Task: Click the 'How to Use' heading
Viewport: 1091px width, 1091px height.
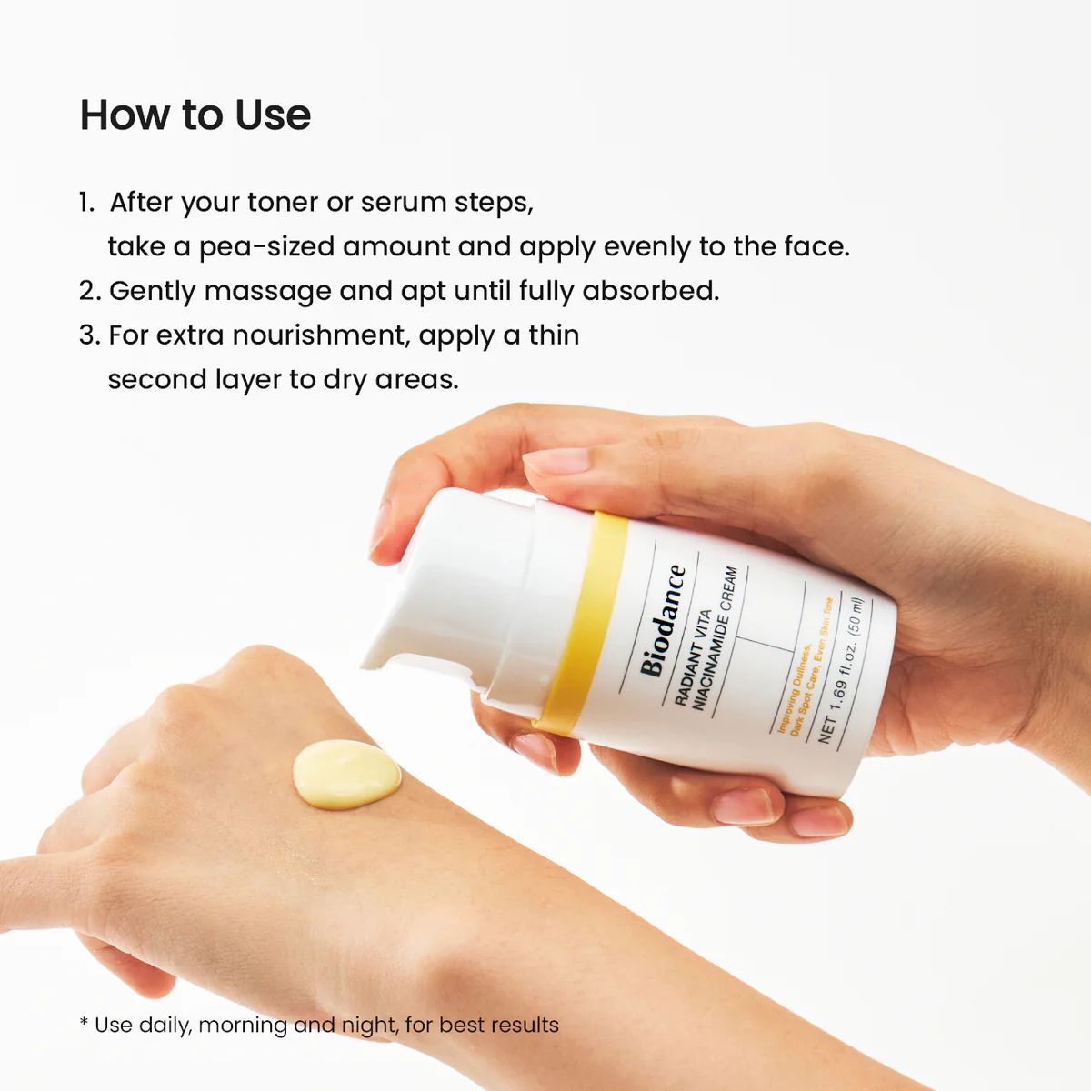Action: pos(195,115)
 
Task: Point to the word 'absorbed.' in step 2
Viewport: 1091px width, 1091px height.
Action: pos(650,291)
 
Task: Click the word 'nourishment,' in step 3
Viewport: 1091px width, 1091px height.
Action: pos(321,335)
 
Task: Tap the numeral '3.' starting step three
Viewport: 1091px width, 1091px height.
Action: pos(88,335)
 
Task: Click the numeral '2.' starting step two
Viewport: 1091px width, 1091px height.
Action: pos(89,291)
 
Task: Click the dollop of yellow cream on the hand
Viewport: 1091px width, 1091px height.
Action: pos(346,774)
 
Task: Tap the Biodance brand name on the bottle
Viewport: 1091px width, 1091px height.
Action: pos(663,621)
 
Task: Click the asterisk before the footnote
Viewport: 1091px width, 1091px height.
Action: pos(84,1024)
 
